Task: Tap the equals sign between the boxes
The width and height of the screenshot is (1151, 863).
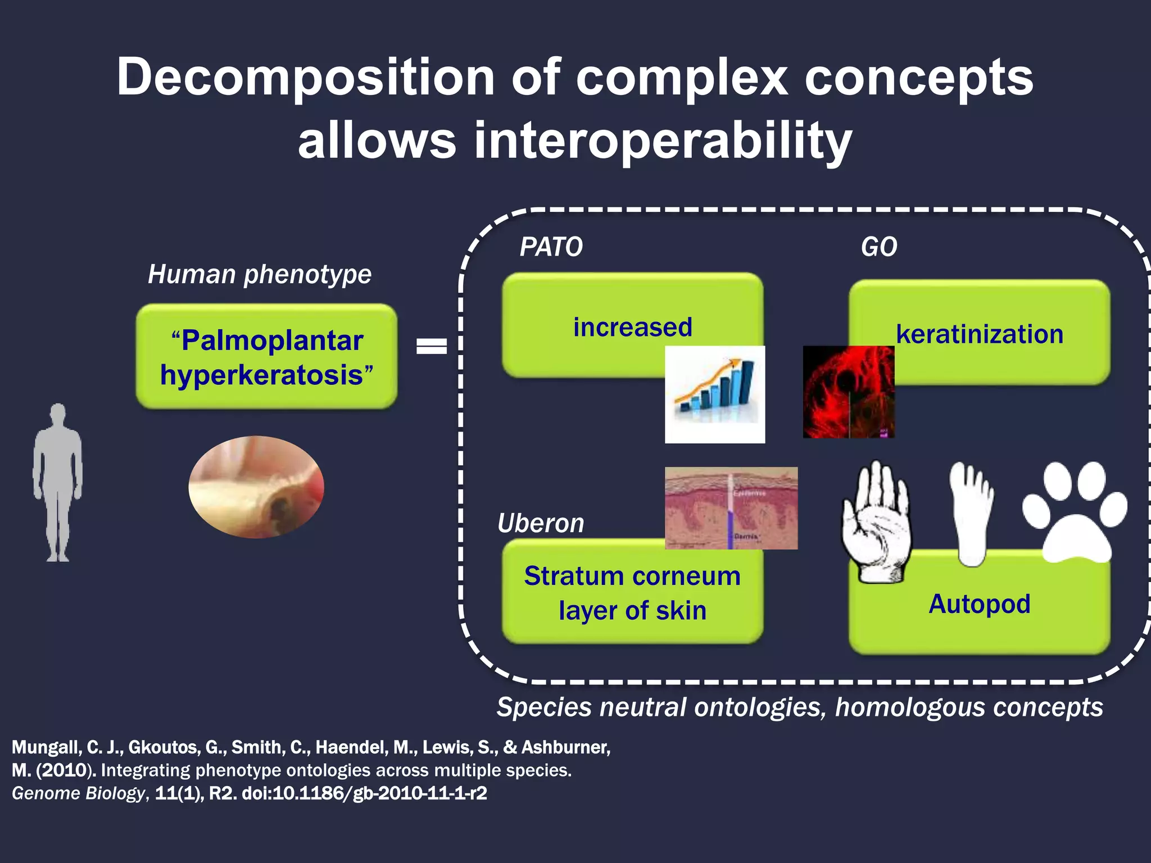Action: (x=431, y=346)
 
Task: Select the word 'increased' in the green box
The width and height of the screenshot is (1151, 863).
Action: (x=632, y=328)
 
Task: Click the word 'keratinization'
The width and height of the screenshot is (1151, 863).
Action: (x=980, y=334)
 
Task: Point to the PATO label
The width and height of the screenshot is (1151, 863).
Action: (x=551, y=247)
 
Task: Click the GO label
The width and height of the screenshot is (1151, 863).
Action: (x=879, y=247)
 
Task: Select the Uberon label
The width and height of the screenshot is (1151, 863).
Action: (x=541, y=524)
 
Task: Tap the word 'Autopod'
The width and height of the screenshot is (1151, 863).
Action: (x=980, y=605)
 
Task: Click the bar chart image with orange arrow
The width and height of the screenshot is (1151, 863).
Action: (x=715, y=394)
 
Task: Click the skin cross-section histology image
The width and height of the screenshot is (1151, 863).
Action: (x=731, y=508)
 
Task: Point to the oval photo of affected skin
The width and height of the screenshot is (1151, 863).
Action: (x=256, y=487)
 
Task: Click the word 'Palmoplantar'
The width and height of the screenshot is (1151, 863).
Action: (x=272, y=341)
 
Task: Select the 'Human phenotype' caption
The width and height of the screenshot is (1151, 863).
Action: (x=260, y=275)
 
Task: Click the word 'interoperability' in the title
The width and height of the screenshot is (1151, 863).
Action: (x=663, y=140)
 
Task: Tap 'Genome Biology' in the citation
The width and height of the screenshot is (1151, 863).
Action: (x=78, y=793)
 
